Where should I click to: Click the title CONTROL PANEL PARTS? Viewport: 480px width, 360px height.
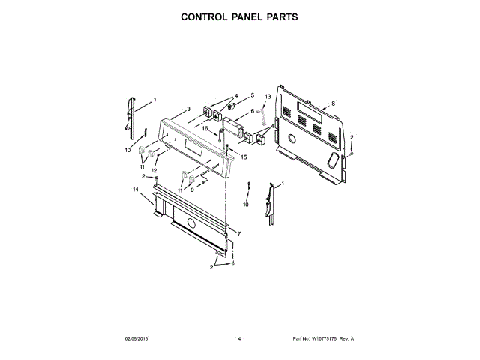click(240, 16)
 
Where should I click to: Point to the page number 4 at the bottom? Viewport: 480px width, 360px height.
click(239, 339)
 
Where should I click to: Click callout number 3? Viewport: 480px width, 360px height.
click(188, 109)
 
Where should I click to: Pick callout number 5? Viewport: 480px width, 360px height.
click(252, 95)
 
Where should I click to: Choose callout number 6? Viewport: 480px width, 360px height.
click(252, 111)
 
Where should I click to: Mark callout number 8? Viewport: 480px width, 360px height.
click(333, 103)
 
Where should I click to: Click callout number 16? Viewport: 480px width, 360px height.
click(204, 129)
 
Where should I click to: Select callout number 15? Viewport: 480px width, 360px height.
click(243, 157)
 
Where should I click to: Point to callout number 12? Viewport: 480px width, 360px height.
click(154, 171)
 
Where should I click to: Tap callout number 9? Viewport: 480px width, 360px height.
click(192, 190)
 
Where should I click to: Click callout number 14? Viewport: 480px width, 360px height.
click(136, 190)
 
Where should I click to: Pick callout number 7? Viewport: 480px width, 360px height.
click(238, 234)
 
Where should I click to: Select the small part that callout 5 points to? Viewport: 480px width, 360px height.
click(232, 106)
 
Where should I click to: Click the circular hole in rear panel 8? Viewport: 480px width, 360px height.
click(291, 139)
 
